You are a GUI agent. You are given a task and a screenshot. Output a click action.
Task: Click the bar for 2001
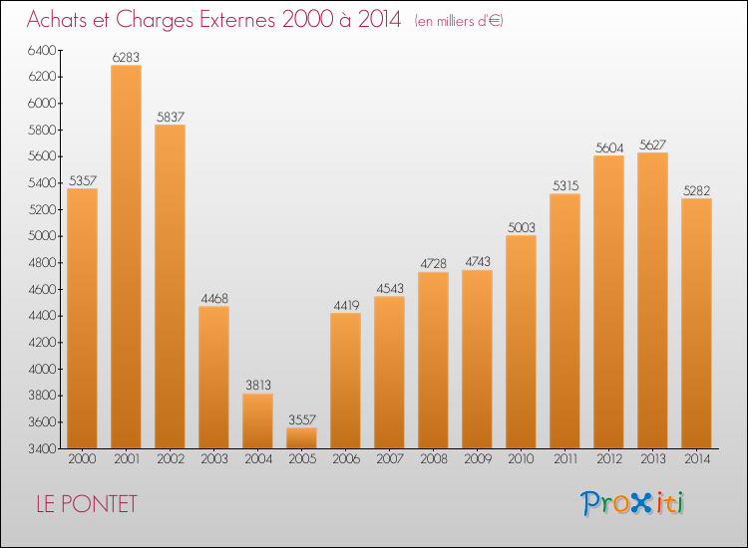pos(126,256)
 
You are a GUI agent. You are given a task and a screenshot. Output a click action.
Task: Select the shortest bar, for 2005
pos(301,438)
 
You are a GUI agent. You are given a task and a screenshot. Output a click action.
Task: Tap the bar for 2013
pos(652,300)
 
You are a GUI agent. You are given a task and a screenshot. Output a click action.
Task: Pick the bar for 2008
pos(433,361)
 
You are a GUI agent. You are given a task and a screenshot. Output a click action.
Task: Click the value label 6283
pos(126,57)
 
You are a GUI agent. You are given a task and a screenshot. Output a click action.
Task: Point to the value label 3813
pos(258,385)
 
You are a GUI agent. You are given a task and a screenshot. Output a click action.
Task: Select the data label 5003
pos(522,228)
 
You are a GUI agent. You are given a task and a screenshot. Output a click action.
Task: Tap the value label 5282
pos(697,191)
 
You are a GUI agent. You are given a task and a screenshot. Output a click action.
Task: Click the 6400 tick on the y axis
pos(42,50)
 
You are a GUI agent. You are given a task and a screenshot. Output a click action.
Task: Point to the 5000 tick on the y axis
pos(42,236)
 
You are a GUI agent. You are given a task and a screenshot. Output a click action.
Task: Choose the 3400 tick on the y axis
pos(42,448)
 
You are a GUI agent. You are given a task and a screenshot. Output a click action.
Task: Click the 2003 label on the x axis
pos(214,459)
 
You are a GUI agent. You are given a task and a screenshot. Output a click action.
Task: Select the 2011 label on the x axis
pos(565,459)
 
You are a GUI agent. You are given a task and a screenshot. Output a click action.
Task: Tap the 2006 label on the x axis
pos(346,459)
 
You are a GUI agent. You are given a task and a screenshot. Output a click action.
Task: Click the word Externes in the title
pos(237,19)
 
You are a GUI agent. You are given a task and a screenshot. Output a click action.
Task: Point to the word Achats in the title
pos(57,20)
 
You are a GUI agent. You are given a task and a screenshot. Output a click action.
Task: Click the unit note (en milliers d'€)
pos(459,21)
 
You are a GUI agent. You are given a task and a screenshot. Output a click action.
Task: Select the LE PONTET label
pos(87,504)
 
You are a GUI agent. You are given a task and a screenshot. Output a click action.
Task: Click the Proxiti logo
pos(632,503)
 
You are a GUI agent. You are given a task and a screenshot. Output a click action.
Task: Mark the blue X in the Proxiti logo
pos(640,504)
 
